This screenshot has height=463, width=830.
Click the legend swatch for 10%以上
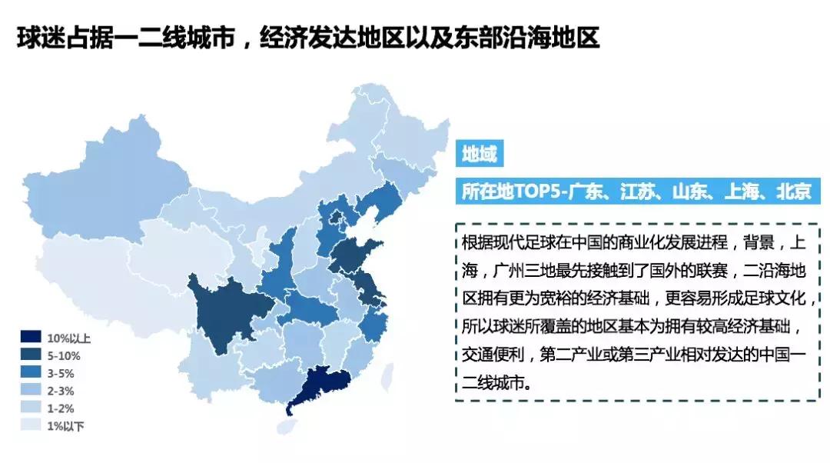(30, 337)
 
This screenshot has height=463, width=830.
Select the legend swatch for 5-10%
(30, 355)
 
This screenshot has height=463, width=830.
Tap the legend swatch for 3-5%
(30, 372)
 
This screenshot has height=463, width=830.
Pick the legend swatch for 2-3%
(30, 390)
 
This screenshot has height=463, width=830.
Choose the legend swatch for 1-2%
(30, 408)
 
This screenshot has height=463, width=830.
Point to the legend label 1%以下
(65, 425)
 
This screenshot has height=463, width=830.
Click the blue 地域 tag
(479, 155)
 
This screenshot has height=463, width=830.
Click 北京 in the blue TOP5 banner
(793, 190)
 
